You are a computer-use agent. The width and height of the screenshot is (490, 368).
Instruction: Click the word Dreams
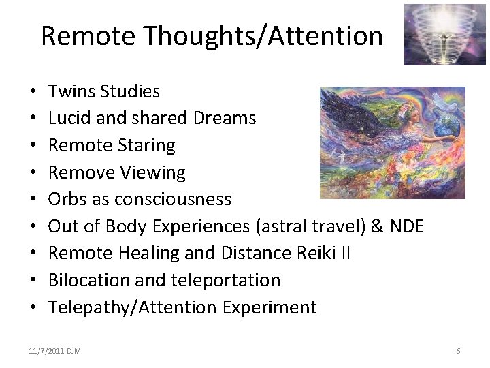(x=225, y=118)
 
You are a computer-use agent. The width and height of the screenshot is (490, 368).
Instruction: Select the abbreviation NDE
(x=406, y=226)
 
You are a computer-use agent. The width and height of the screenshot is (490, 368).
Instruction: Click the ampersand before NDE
(x=376, y=226)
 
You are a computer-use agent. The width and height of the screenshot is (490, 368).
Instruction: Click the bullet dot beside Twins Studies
(x=33, y=92)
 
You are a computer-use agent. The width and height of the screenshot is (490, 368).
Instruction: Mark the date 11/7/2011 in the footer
(x=45, y=351)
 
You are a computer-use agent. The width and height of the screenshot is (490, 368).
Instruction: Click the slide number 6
(x=458, y=351)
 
